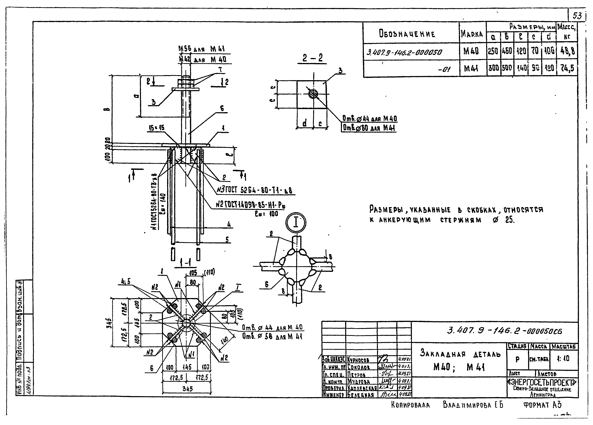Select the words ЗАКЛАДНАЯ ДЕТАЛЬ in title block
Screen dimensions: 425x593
point(460,354)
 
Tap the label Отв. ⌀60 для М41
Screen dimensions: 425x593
point(369,128)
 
